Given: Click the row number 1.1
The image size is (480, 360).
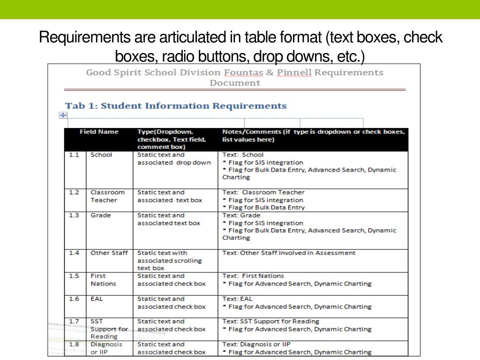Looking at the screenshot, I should (x=74, y=155).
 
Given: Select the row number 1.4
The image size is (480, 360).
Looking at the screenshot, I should (x=74, y=253).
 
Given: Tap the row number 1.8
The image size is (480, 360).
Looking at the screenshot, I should (x=74, y=344).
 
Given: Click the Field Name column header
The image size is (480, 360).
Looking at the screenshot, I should (x=99, y=132).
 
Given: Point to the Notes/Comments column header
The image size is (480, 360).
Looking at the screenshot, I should (x=313, y=135).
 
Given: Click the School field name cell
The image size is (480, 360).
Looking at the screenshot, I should (x=101, y=155).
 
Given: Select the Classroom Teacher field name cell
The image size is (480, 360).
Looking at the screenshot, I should (x=107, y=196).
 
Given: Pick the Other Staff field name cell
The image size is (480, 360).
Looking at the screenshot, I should (x=109, y=253).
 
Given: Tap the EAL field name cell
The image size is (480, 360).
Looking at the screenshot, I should (x=97, y=299).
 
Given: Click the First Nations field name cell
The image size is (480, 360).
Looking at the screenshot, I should (x=103, y=280).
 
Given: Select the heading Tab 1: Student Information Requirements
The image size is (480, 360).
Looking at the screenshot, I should (x=176, y=105).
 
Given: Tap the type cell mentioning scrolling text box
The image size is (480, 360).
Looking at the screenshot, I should (x=169, y=260).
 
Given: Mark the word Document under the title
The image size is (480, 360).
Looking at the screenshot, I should (x=234, y=83).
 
